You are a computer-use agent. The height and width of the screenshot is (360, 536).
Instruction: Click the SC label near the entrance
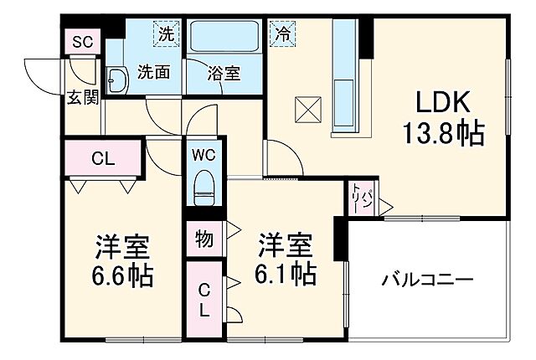coord(81,42)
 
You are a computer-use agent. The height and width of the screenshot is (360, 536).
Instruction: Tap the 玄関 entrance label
coord(83,97)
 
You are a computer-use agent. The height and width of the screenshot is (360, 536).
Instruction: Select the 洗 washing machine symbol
coord(168,35)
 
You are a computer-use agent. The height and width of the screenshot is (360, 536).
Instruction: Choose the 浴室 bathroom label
coord(224,73)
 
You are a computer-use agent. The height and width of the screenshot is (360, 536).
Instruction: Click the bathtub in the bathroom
coord(224,39)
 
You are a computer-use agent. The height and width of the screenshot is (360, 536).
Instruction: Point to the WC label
coord(204,155)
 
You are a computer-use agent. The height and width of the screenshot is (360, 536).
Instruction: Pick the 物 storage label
coord(204,239)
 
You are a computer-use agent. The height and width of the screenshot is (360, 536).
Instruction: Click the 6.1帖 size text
coord(285,273)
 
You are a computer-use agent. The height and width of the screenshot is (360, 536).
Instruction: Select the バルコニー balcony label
coord(427,279)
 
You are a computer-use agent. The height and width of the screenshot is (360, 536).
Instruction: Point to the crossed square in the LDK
coord(307,109)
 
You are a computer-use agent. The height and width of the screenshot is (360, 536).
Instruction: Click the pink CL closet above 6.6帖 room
coord(104,157)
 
